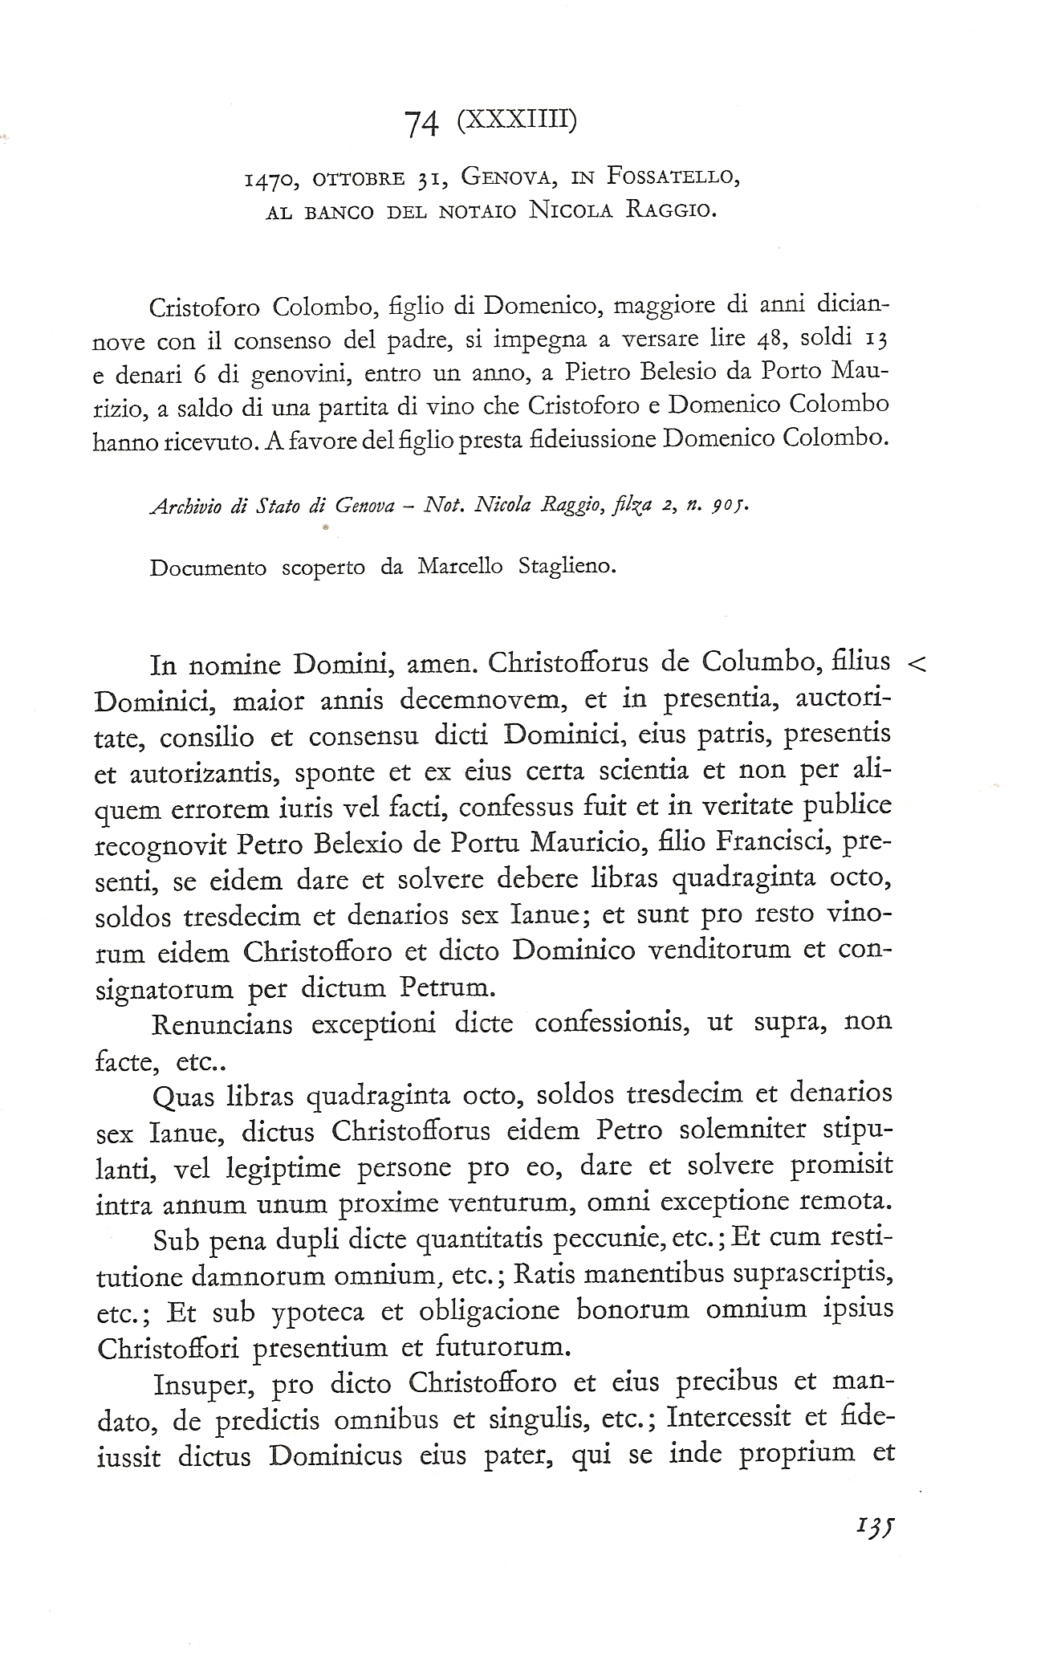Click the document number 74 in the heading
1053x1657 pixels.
[x=422, y=124]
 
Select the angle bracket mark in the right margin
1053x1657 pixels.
[x=916, y=662]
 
